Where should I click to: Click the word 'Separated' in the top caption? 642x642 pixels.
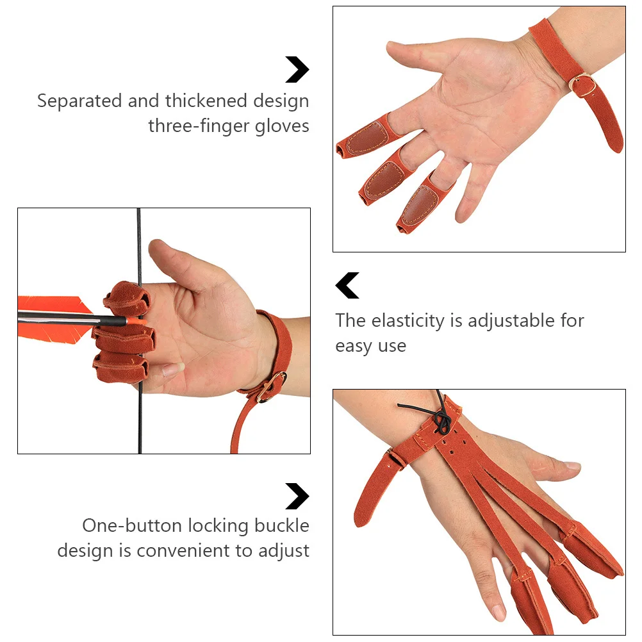click(x=79, y=101)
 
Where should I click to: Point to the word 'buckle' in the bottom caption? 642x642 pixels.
click(x=281, y=526)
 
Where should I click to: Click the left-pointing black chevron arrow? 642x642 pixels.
click(x=347, y=286)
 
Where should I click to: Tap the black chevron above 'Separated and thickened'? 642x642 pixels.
click(x=297, y=70)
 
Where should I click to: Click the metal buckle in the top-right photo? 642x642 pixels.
click(x=583, y=86)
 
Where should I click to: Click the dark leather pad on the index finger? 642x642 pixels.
click(x=365, y=140)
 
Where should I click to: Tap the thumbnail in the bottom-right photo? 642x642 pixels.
click(x=572, y=466)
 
